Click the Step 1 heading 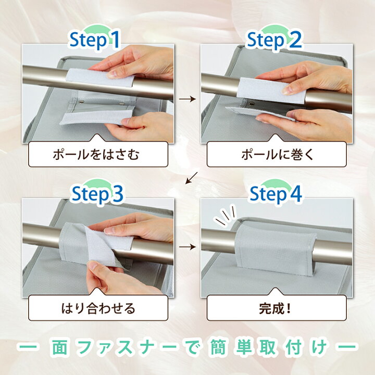(94, 40)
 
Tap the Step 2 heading (274, 40)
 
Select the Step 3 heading (97, 193)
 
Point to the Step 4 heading (276, 193)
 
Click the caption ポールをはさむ (96, 155)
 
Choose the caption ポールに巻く (277, 155)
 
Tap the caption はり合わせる (98, 308)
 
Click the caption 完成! (274, 308)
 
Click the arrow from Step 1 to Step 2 (187, 99)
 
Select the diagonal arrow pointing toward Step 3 (192, 178)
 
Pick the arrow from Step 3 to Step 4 (187, 246)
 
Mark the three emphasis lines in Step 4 (226, 215)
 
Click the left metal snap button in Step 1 (82, 102)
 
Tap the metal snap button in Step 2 (251, 103)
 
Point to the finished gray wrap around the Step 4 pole (275, 247)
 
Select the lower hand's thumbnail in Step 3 (93, 266)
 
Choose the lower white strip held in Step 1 (96, 118)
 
